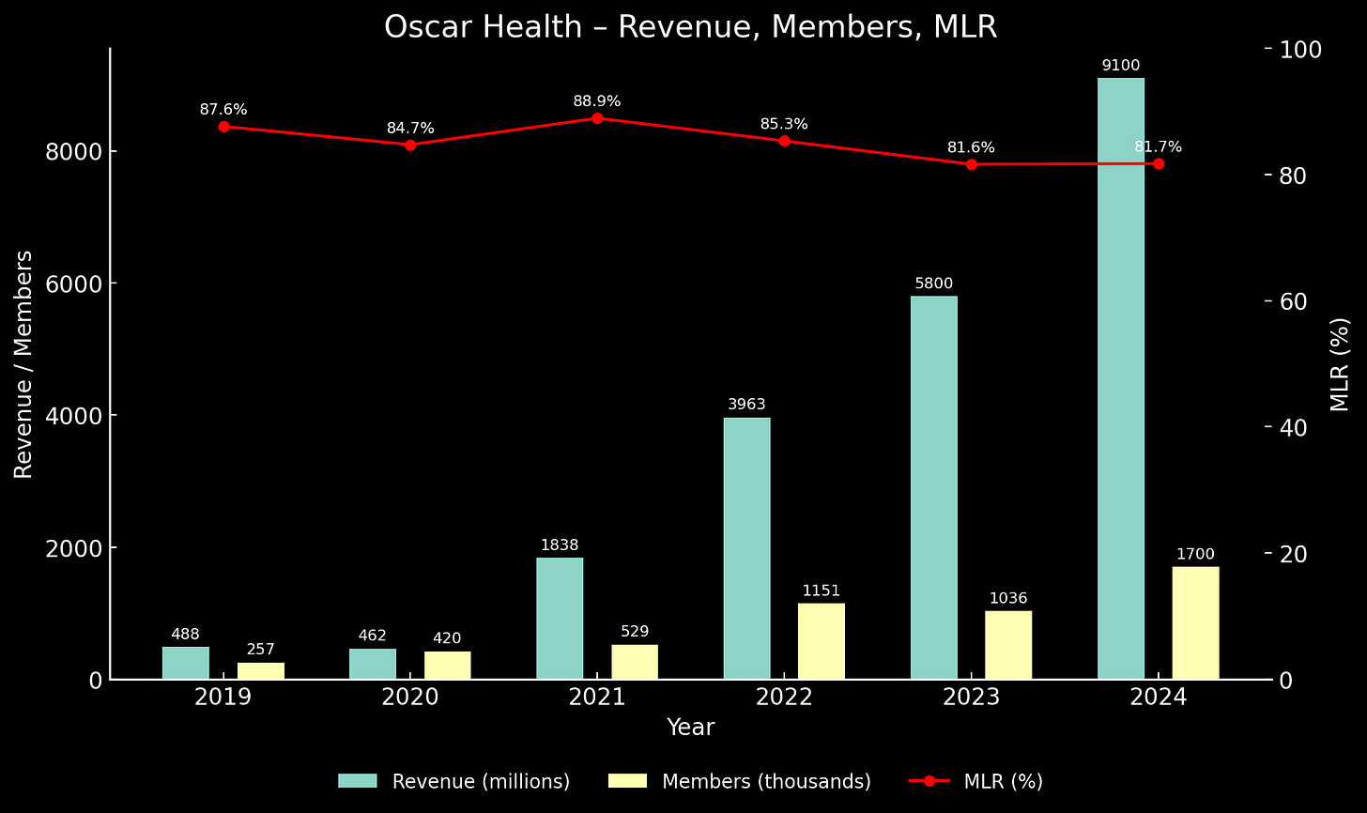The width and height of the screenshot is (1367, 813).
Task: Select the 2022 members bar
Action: (x=822, y=641)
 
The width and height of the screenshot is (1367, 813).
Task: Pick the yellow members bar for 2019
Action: (x=260, y=670)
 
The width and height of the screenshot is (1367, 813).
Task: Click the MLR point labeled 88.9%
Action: (x=597, y=118)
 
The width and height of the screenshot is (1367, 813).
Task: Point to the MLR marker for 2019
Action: (x=223, y=127)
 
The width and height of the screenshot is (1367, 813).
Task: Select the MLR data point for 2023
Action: (x=972, y=164)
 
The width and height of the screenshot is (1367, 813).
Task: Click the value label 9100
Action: (x=1121, y=66)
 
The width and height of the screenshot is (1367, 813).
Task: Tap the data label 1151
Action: (x=822, y=591)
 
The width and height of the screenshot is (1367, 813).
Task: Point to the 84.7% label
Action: (x=410, y=129)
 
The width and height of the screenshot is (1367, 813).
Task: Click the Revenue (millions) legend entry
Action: (x=454, y=781)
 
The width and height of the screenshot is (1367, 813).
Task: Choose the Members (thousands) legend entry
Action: (x=741, y=781)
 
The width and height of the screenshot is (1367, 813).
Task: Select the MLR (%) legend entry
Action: (x=976, y=781)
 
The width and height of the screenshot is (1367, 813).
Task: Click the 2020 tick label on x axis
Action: (x=410, y=698)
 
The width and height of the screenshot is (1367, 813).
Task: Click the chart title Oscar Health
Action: (x=690, y=27)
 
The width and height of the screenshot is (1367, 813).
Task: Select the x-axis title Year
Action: (x=690, y=728)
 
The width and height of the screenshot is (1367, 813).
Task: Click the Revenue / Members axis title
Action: (x=23, y=363)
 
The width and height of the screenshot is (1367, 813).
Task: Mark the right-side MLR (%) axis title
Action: (x=1340, y=363)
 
